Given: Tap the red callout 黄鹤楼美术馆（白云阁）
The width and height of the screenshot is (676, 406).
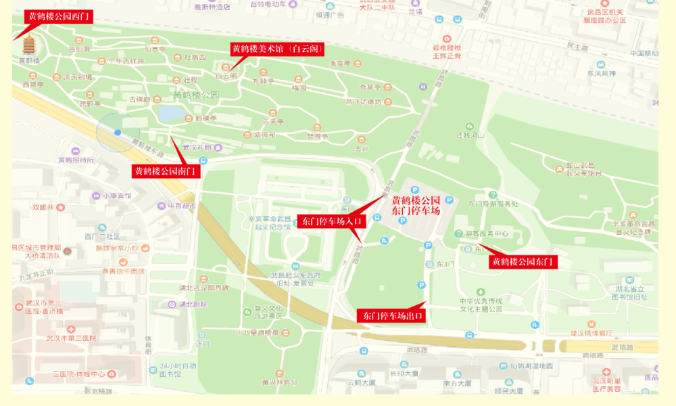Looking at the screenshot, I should pyautogui.click(x=277, y=49).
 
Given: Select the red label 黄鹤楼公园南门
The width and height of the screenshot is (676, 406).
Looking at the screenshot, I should pyautogui.click(x=166, y=171).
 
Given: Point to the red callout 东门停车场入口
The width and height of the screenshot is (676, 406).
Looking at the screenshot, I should pyautogui.click(x=332, y=221).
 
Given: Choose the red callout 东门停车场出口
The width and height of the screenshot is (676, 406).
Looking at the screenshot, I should pyautogui.click(x=391, y=315).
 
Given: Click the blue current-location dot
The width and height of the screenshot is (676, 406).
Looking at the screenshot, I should pyautogui.click(x=118, y=133).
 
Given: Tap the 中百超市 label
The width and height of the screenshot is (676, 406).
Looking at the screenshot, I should pyautogui.click(x=180, y=206).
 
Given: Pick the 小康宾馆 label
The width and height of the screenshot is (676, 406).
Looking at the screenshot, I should pyautogui.click(x=117, y=196).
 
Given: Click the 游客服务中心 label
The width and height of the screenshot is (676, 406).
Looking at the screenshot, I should pyautogui.click(x=486, y=233).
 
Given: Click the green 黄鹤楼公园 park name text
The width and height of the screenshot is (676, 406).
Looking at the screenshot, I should pyautogui.click(x=196, y=95).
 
